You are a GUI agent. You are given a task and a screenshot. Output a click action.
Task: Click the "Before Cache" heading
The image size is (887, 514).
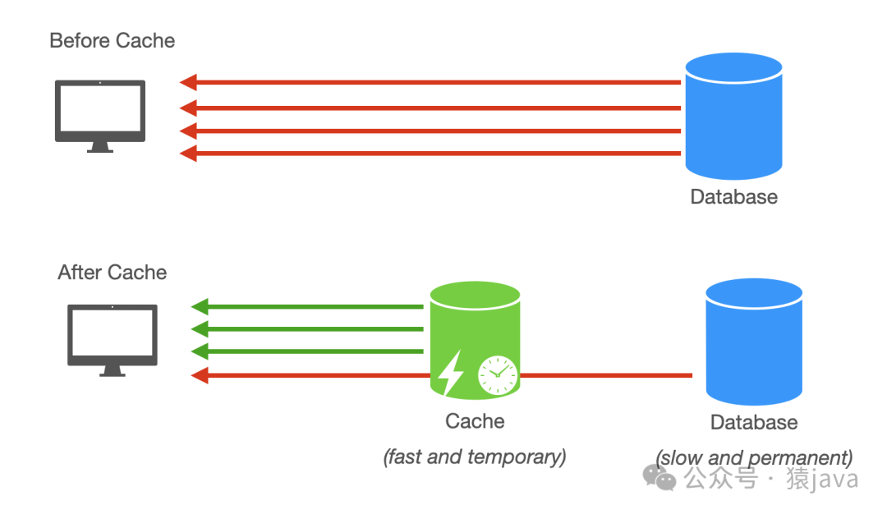[113, 40]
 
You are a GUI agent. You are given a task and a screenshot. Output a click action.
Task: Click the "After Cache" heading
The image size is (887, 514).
[113, 273]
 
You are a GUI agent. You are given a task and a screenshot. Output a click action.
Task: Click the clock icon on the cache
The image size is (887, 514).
[497, 375]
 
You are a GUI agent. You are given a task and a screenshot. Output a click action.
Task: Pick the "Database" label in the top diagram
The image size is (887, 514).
[733, 197]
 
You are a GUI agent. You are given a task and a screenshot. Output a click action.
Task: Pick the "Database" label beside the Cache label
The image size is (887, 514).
[754, 422]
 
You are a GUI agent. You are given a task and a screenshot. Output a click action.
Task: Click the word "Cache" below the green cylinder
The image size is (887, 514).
[475, 421]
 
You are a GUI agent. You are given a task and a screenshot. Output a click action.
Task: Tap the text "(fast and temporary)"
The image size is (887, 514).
[475, 457]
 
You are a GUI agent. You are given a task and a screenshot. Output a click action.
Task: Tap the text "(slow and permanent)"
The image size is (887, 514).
[754, 457]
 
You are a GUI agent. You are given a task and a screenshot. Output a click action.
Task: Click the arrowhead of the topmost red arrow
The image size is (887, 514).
[189, 82]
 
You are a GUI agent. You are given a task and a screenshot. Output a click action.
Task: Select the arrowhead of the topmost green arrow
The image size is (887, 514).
[200, 307]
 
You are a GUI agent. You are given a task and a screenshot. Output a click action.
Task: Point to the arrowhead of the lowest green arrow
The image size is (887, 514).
[200, 352]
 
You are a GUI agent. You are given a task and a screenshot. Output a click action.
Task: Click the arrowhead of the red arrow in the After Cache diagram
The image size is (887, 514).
[200, 375]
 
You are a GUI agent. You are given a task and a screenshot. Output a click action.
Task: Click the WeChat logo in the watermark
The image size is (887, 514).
[660, 476]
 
